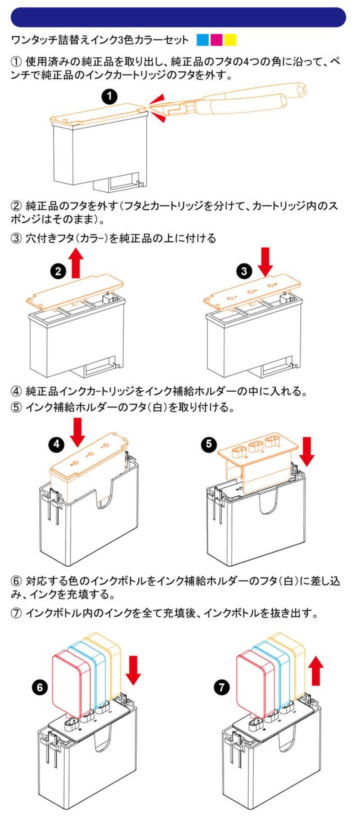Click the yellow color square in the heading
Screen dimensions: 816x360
tap(230, 41)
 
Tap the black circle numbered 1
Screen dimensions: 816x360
tap(113, 97)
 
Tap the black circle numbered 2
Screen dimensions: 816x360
tap(57, 271)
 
